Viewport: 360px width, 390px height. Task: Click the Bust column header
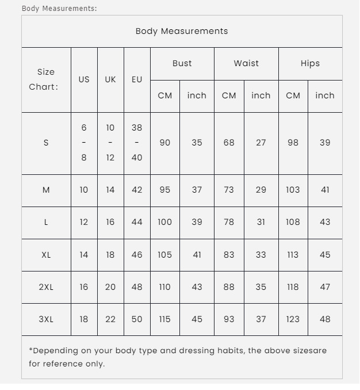click(x=182, y=63)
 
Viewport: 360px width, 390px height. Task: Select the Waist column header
click(x=246, y=63)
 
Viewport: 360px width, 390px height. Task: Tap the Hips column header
click(x=310, y=63)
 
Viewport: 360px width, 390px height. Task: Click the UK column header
click(x=110, y=79)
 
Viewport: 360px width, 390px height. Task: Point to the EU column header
click(x=137, y=79)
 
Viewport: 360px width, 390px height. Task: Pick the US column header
click(x=84, y=79)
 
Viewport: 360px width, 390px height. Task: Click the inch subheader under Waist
click(x=261, y=95)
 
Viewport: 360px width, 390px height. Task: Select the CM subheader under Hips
click(x=293, y=95)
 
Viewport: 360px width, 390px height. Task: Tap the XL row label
click(x=46, y=254)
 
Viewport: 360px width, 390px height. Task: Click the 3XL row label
click(x=46, y=319)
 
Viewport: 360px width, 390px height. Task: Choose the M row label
click(x=46, y=190)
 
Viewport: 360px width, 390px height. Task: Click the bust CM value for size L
click(x=164, y=222)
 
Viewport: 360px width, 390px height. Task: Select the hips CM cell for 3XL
click(x=293, y=319)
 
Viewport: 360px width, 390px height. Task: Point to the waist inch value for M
click(x=261, y=190)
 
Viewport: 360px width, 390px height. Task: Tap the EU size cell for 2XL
click(x=137, y=286)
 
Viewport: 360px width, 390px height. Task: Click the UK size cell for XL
click(x=110, y=254)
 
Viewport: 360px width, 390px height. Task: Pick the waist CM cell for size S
click(x=229, y=143)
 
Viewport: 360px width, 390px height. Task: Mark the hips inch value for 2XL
click(x=325, y=286)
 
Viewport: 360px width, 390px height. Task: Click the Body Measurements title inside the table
click(x=182, y=31)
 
